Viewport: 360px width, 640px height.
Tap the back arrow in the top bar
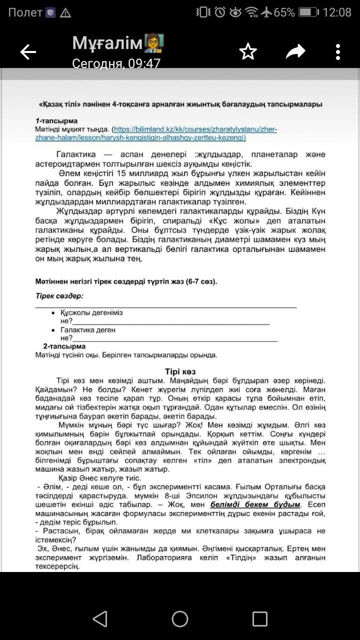pyautogui.click(x=28, y=51)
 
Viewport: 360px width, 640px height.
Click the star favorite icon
pyautogui.click(x=248, y=51)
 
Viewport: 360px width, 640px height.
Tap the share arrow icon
pyautogui.click(x=295, y=51)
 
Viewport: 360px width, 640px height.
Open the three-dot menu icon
pyautogui.click(x=338, y=51)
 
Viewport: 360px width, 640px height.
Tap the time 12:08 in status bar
pyautogui.click(x=337, y=12)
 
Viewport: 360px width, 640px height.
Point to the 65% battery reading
pyautogui.click(x=284, y=12)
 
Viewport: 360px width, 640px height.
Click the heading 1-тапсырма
pyautogui.click(x=56, y=121)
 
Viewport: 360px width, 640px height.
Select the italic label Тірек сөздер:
pyautogui.click(x=59, y=296)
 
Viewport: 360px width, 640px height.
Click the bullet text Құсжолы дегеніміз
pyautogui.click(x=91, y=312)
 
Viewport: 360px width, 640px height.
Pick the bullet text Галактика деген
pyautogui.click(x=88, y=330)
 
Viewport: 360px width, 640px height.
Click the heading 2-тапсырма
pyautogui.click(x=64, y=346)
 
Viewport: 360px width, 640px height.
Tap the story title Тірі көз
pyautogui.click(x=180, y=372)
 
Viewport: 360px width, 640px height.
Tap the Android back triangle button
pyautogui.click(x=100, y=618)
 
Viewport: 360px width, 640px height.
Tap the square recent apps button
pyautogui.click(x=259, y=618)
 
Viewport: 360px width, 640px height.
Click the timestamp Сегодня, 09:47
pyautogui.click(x=116, y=63)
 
